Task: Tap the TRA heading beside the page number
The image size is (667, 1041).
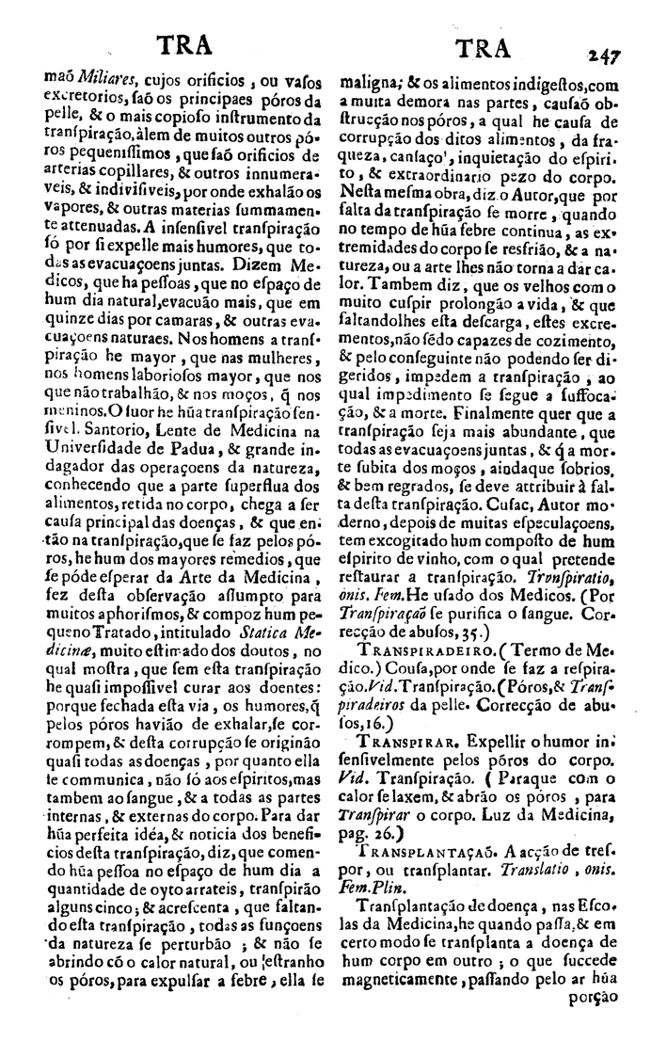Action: click(x=482, y=49)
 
